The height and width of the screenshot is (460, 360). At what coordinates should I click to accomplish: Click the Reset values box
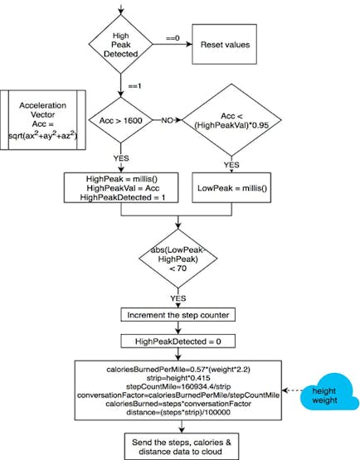point(224,44)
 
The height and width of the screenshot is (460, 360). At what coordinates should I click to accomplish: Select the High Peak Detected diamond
point(120,44)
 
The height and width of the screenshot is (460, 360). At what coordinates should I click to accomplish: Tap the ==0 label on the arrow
point(173,38)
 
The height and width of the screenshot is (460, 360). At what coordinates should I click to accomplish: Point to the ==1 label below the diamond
point(134,86)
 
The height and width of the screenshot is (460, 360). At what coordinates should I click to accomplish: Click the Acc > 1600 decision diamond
point(120,120)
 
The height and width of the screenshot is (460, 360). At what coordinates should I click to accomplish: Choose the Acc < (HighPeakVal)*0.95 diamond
point(231,120)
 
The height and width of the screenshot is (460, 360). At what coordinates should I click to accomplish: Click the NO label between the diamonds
point(167,120)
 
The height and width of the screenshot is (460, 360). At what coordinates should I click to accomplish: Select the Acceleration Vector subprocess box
point(43,120)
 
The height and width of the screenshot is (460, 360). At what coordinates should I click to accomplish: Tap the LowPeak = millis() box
point(231,188)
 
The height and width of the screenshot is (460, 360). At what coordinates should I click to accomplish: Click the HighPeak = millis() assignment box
point(121,188)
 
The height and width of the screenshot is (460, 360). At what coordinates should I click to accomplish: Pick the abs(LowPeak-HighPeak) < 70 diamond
point(178,259)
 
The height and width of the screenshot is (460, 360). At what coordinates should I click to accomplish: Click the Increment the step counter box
point(178,315)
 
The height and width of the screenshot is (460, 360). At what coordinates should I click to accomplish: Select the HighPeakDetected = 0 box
point(178,341)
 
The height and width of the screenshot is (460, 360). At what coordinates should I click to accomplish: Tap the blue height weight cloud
point(328,392)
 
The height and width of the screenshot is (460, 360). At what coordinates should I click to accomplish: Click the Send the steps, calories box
point(182,446)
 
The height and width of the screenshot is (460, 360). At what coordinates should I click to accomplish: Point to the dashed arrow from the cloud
point(292,390)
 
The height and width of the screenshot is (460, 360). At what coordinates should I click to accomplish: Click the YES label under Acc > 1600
point(121,158)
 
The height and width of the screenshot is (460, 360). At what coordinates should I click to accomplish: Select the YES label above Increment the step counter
point(178,298)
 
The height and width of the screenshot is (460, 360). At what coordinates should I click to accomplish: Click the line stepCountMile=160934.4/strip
point(178,386)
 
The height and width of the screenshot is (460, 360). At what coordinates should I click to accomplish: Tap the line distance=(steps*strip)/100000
point(178,412)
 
